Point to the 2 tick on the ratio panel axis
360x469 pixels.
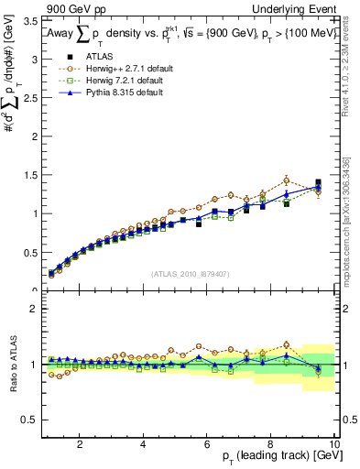pos(33,309)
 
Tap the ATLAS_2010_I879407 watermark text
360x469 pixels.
pos(191,273)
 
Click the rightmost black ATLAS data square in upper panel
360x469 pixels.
pos(318,182)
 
